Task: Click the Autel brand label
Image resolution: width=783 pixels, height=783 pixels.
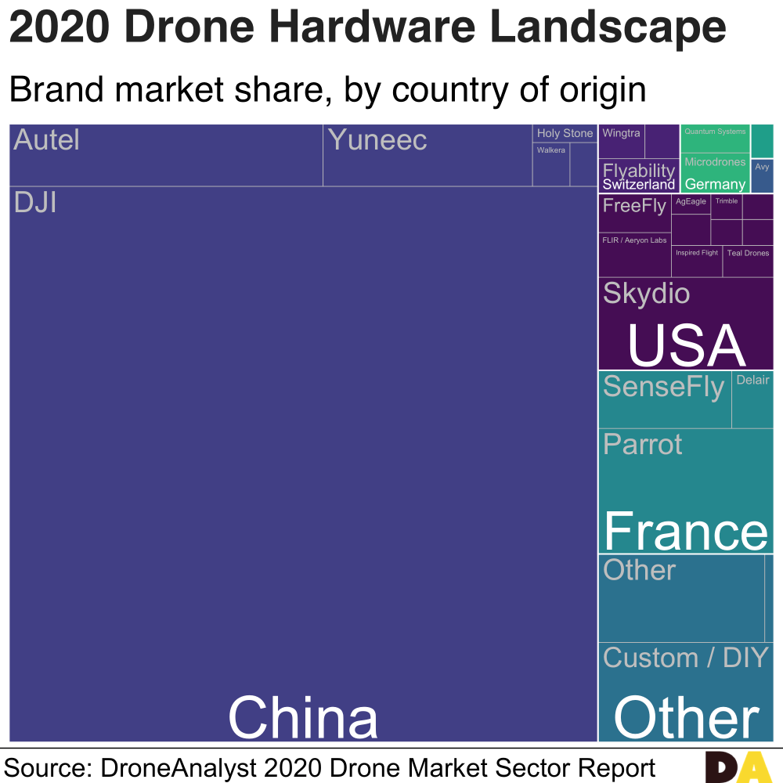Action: tap(47, 141)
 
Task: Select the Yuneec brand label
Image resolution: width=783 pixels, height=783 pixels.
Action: tap(377, 141)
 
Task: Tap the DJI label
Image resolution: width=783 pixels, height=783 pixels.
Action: tap(35, 204)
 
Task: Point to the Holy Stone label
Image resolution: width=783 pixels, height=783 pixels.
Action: tap(565, 133)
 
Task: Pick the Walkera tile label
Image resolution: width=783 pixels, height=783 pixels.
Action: tap(551, 150)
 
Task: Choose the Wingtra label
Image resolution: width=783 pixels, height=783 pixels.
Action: tap(621, 133)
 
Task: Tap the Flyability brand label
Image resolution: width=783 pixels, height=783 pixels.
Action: tap(638, 170)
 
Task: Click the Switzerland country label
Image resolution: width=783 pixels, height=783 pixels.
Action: tap(638, 185)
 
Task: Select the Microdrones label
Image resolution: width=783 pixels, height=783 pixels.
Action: tap(715, 162)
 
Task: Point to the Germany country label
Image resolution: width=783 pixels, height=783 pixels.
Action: tap(715, 185)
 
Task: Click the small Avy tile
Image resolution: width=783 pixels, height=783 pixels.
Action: tap(762, 168)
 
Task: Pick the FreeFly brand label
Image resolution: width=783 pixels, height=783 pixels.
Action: tap(634, 206)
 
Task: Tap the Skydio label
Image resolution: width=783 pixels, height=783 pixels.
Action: tap(646, 294)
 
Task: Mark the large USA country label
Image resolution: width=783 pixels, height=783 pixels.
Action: tap(686, 346)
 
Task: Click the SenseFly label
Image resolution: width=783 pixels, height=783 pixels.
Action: tap(664, 387)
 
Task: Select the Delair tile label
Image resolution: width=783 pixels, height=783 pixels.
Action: tap(752, 380)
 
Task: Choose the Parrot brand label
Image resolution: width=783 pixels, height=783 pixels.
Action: tap(643, 445)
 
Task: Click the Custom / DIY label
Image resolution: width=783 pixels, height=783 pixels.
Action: tap(686, 658)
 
